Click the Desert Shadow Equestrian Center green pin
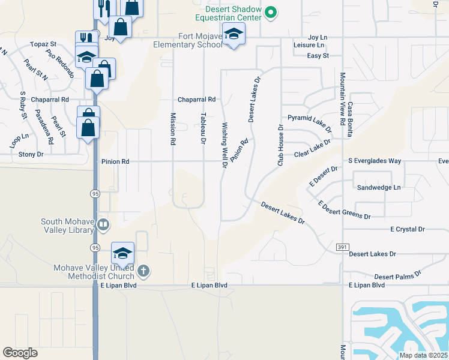[271, 11]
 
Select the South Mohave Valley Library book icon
[103, 225]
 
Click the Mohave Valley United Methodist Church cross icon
[143, 271]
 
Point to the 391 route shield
[342, 247]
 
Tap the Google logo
[20, 353]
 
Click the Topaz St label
[43, 44]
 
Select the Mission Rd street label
[173, 129]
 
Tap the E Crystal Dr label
[407, 229]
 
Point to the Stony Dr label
[31, 154]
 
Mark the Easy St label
[318, 56]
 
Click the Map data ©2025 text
[423, 355]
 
